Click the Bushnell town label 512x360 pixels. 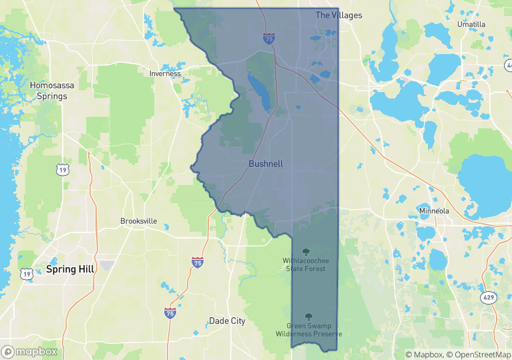coord(266,164)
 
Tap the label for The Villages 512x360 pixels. coord(338,15)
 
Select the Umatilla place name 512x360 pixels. coord(471,24)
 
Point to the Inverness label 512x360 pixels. coord(165,73)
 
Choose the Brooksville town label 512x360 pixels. coord(138,221)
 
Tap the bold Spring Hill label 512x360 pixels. coord(70,269)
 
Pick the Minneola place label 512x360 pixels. coord(434,211)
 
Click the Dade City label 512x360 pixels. coord(227,321)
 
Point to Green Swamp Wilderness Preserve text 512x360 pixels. coord(308,329)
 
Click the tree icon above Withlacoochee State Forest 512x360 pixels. coord(306,251)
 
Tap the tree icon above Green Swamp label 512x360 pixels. coord(308,316)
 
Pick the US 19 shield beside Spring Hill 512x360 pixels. coord(26,274)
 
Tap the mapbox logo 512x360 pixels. coord(29,351)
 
